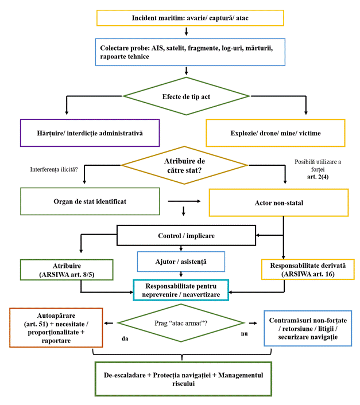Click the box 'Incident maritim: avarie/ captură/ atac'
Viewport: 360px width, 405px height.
(190, 18)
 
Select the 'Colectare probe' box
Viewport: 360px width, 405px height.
(190, 52)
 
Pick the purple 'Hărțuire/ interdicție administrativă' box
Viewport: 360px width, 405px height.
(90, 133)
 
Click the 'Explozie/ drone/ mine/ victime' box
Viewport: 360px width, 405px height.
(276, 133)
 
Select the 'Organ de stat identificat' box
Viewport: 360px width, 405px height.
(90, 201)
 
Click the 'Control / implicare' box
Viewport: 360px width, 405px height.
(185, 235)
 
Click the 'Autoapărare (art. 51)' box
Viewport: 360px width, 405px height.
(56, 326)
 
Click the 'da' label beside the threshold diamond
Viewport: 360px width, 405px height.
(125, 338)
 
